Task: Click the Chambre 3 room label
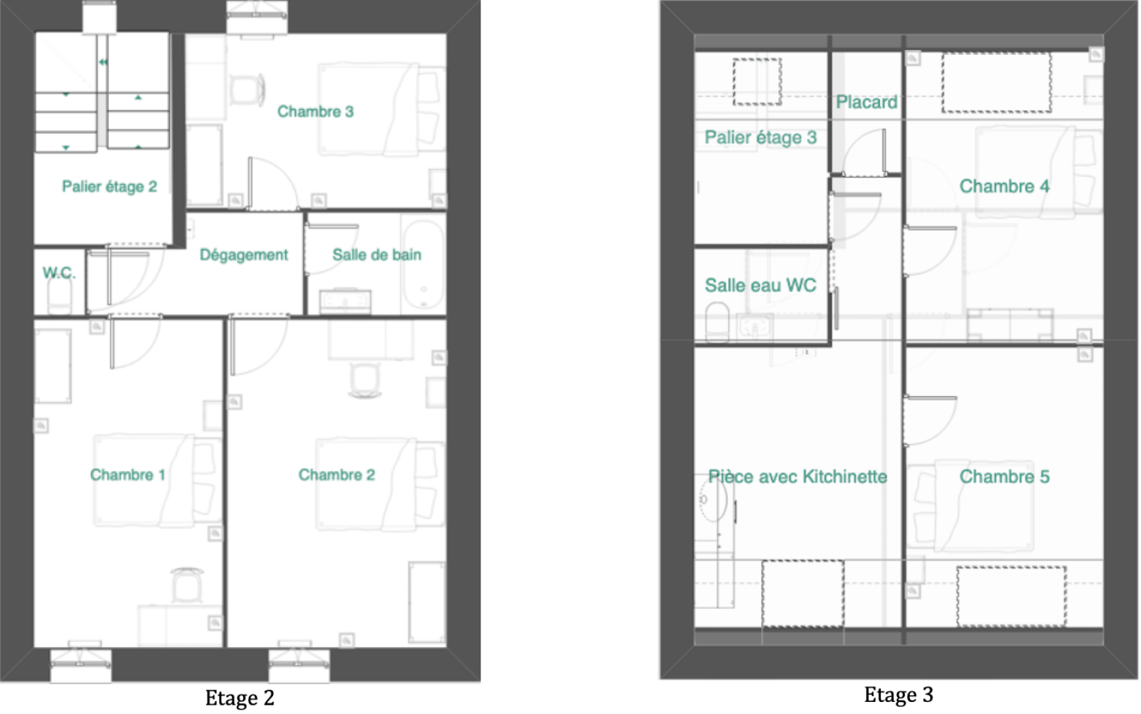(315, 111)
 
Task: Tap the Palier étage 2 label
(110, 187)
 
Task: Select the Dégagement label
(243, 255)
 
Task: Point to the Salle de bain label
(377, 255)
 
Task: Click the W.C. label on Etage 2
(59, 273)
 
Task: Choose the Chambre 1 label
(128, 475)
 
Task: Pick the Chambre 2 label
(337, 475)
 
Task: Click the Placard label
(866, 102)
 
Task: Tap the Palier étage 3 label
(760, 138)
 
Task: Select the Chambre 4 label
(1005, 187)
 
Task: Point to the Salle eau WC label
(760, 285)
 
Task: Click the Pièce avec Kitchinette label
(798, 476)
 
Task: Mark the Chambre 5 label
(1005, 476)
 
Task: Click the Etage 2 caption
(240, 698)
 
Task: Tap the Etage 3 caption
(899, 695)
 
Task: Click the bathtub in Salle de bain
(424, 265)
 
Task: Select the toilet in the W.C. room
(60, 295)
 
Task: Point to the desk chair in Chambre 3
(247, 90)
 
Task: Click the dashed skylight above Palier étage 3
(757, 81)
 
